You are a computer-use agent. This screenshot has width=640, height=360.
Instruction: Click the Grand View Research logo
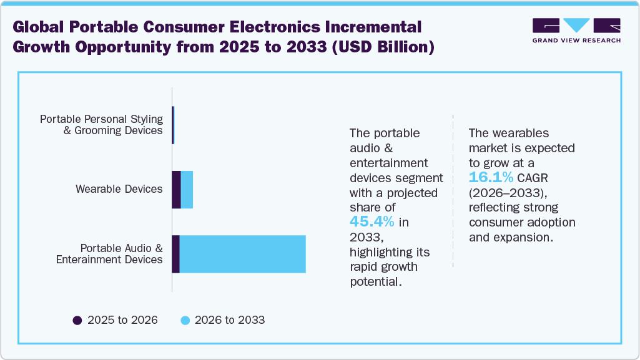click(576, 31)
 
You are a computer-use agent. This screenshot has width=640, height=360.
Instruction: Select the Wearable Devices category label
click(119, 189)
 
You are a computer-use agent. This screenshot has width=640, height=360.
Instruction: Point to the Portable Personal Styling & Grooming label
click(101, 125)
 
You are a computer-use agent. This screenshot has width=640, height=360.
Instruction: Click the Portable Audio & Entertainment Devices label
click(109, 254)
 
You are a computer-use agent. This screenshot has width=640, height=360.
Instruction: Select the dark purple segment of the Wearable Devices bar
click(176, 190)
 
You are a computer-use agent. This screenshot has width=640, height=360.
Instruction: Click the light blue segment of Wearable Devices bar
click(187, 190)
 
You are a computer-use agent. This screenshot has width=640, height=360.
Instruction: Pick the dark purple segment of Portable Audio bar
click(175, 254)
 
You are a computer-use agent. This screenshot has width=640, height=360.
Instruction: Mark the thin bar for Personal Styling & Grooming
click(173, 125)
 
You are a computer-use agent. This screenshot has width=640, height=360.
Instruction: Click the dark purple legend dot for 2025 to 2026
click(77, 320)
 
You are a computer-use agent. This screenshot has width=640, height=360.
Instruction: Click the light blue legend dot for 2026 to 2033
click(185, 320)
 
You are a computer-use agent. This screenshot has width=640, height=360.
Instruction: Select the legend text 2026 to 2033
click(230, 320)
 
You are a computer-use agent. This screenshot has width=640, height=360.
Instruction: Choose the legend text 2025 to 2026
click(122, 320)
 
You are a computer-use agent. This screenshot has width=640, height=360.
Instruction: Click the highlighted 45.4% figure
click(372, 222)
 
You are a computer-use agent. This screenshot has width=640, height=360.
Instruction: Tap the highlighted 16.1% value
click(491, 178)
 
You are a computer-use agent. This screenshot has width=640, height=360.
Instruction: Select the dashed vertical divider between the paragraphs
click(453, 190)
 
